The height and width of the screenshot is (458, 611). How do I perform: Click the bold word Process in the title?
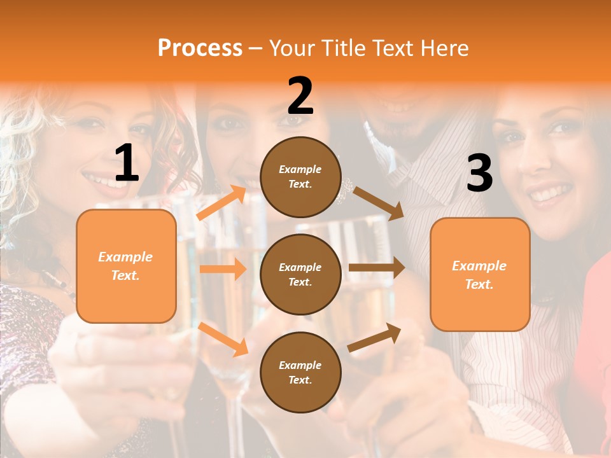click(200, 48)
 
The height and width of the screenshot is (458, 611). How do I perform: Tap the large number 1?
click(127, 163)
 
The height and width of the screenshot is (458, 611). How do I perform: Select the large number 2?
click(300, 95)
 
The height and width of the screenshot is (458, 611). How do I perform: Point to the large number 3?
click(479, 173)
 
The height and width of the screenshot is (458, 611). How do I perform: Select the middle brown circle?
click(300, 274)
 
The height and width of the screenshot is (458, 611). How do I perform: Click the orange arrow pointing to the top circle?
click(221, 202)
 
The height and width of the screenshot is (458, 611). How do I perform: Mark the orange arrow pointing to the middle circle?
click(223, 269)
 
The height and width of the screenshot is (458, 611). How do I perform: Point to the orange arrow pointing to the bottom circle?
click(223, 338)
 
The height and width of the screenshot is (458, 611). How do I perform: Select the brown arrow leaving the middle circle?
click(376, 268)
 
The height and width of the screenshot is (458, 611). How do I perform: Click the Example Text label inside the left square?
click(125, 266)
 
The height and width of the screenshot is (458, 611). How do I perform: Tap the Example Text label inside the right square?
click(479, 275)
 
